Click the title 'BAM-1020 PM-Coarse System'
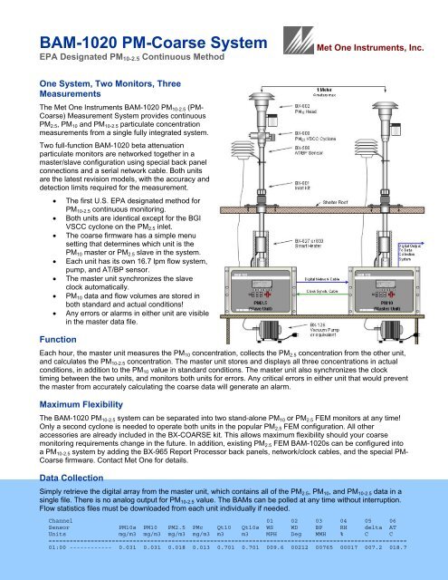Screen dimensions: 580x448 pos(135,40)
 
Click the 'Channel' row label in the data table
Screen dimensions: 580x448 pos(62,547)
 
